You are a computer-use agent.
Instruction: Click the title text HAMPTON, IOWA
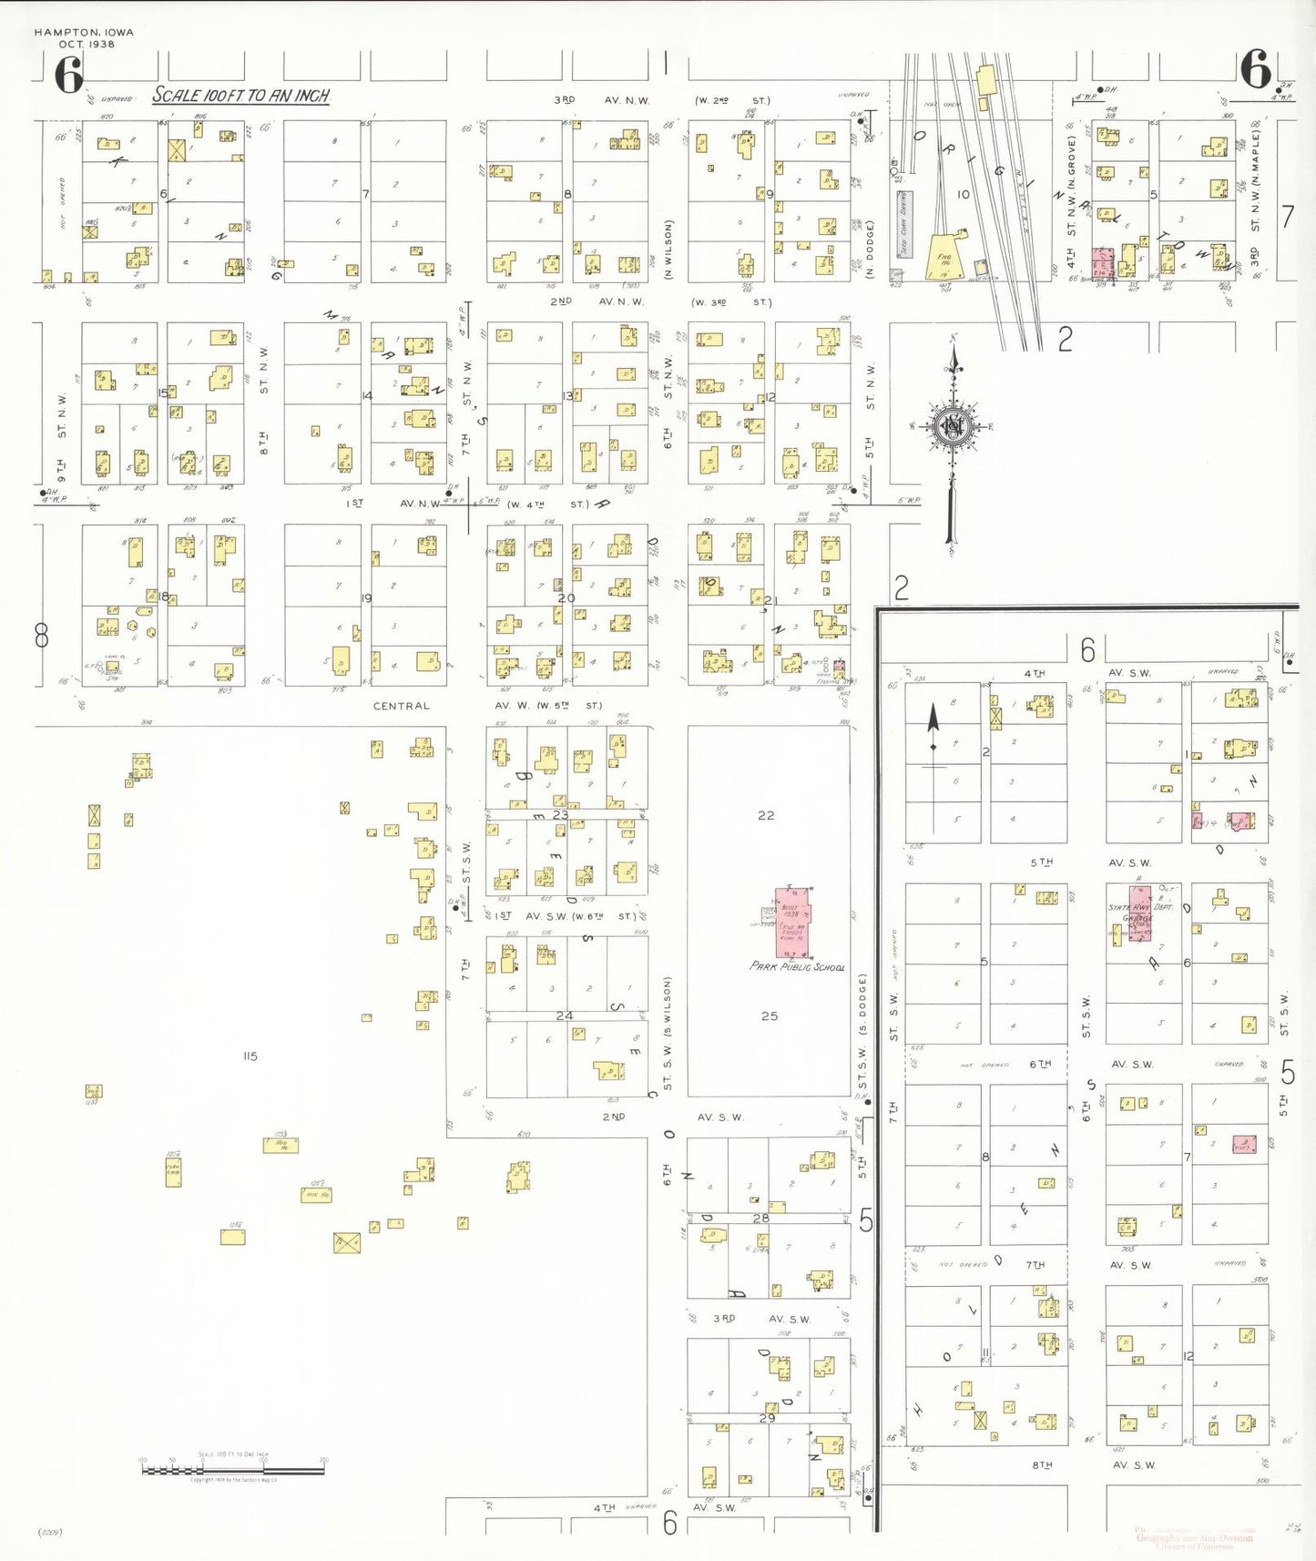(x=84, y=32)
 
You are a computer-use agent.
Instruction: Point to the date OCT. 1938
(x=87, y=44)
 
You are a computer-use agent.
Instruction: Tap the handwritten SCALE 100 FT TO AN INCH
(x=240, y=96)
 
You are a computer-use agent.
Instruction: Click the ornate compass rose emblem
(x=953, y=426)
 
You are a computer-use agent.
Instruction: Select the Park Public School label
(x=797, y=966)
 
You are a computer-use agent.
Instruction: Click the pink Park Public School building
(x=791, y=922)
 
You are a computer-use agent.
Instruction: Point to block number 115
(x=250, y=1056)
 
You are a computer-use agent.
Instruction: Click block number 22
(x=766, y=815)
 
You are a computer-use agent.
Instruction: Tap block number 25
(x=770, y=1015)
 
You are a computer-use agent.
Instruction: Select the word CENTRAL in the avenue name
(x=401, y=706)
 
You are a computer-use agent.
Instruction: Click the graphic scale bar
(x=233, y=1469)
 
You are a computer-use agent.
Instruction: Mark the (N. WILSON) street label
(x=668, y=249)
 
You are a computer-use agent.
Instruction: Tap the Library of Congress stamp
(x=1194, y=1537)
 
